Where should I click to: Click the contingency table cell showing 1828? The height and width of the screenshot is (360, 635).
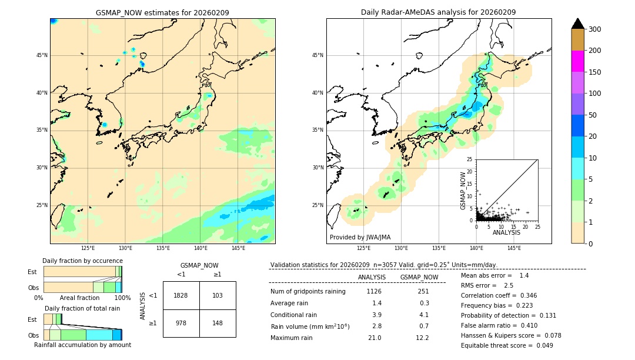pyautogui.click(x=181, y=295)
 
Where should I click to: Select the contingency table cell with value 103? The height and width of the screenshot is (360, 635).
pyautogui.click(x=218, y=295)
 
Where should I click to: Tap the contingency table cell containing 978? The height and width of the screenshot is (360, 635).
pyautogui.click(x=181, y=323)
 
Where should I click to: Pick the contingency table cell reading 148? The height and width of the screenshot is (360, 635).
pyautogui.click(x=218, y=323)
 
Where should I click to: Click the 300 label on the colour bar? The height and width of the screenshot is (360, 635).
pyautogui.click(x=595, y=29)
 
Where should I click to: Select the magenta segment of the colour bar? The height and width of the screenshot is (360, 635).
pyautogui.click(x=578, y=61)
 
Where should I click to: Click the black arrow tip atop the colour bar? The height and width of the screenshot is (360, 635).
pyautogui.click(x=578, y=23)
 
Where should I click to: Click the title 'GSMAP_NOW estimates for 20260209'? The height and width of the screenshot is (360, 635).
pyautogui.click(x=162, y=12)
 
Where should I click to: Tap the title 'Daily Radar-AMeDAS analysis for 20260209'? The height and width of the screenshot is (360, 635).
pyautogui.click(x=439, y=12)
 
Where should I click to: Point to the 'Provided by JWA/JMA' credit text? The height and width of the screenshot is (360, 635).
pyautogui.click(x=360, y=238)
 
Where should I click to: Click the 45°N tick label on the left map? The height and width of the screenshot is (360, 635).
pyautogui.click(x=42, y=55)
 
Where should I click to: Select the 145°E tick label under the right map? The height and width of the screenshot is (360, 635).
pyautogui.click(x=514, y=248)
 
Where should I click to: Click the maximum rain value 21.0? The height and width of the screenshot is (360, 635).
pyautogui.click(x=374, y=338)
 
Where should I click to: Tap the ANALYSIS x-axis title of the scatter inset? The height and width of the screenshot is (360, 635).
pyautogui.click(x=506, y=232)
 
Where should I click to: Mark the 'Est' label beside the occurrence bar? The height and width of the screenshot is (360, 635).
pyautogui.click(x=32, y=272)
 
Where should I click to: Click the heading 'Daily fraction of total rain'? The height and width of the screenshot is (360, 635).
pyautogui.click(x=83, y=308)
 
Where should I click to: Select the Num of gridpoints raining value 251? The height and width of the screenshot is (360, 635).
pyautogui.click(x=423, y=291)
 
